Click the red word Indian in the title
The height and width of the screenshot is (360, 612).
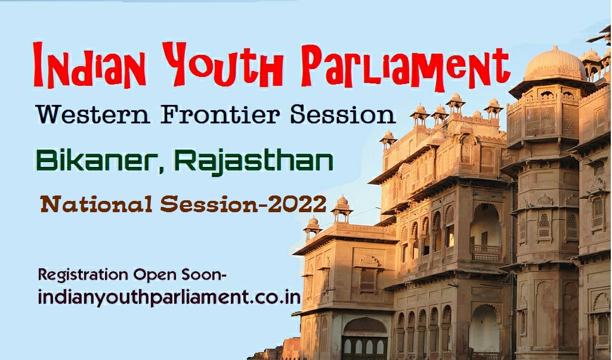(x=89, y=65)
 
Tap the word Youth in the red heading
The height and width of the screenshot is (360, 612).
(x=222, y=64)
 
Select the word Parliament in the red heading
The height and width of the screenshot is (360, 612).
(x=406, y=66)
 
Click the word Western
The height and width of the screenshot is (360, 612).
(x=93, y=114)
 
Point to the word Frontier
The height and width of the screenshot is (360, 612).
(x=221, y=114)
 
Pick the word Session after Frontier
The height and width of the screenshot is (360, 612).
(x=343, y=114)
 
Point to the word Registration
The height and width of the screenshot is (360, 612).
(x=83, y=275)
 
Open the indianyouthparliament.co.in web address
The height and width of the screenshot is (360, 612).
(x=169, y=298)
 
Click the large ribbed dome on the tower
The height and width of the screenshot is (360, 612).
(x=554, y=64)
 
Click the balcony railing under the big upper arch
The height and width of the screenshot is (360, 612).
(x=486, y=253)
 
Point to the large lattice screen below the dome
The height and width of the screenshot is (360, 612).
(x=540, y=122)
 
